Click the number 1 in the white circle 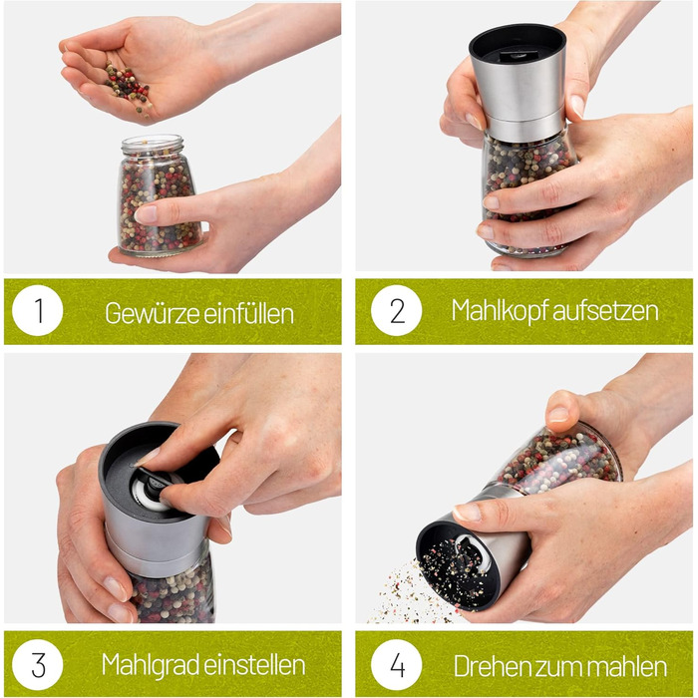click(x=38, y=310)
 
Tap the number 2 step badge click(x=396, y=310)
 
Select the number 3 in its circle click(x=38, y=665)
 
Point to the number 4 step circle click(x=396, y=665)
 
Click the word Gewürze click(x=152, y=313)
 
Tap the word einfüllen click(x=248, y=313)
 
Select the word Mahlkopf click(x=499, y=310)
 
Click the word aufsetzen click(x=605, y=310)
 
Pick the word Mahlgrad click(x=150, y=665)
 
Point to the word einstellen click(x=254, y=665)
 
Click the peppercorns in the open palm click(x=127, y=86)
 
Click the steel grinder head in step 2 click(x=518, y=83)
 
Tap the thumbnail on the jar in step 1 click(x=146, y=214)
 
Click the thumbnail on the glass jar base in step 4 click(x=557, y=415)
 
